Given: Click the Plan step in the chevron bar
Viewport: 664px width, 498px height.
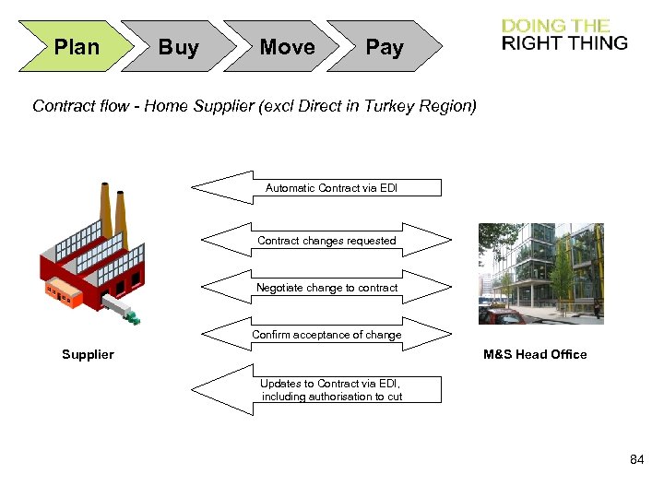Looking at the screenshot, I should [76, 47].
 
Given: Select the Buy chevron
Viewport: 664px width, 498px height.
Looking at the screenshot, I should [178, 47].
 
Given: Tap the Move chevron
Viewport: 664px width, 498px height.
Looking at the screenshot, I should [287, 47].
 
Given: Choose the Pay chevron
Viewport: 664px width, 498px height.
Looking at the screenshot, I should [384, 47].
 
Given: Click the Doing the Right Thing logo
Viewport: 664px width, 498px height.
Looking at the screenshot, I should [563, 34].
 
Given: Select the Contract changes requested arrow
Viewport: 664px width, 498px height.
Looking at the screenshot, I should [326, 241].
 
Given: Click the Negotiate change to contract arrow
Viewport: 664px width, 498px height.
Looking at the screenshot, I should [326, 288].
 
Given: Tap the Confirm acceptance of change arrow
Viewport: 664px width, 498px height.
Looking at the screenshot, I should [326, 335].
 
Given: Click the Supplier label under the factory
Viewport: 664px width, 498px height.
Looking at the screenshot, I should [88, 354].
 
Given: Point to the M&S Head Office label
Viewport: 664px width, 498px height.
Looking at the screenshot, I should [535, 354].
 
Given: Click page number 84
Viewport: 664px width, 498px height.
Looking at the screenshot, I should [636, 459].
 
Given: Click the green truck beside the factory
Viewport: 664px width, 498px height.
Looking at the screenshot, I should [133, 318].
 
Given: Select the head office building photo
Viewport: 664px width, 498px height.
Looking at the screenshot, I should [541, 273].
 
